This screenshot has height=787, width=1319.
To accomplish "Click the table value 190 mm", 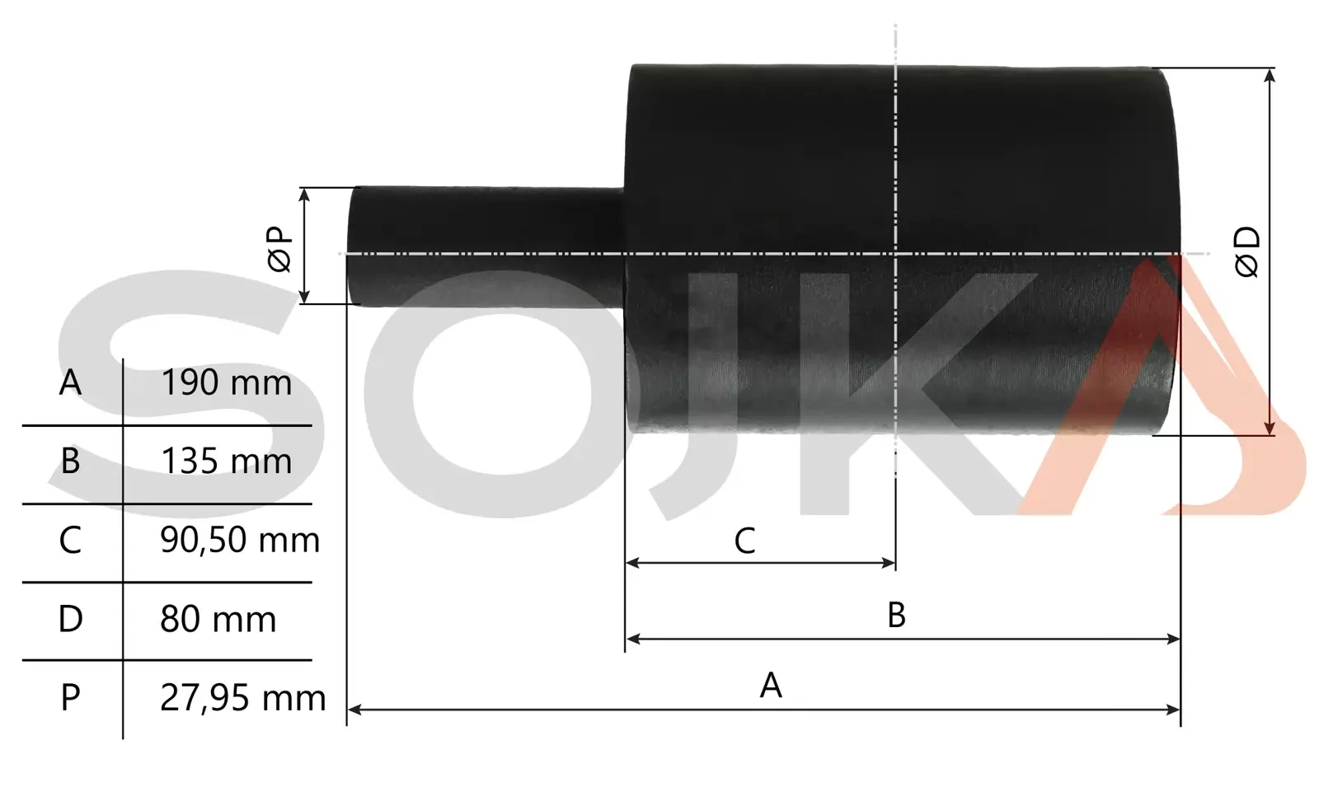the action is pyautogui.click(x=226, y=382).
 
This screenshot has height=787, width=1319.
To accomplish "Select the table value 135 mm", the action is pyautogui.click(x=226, y=461).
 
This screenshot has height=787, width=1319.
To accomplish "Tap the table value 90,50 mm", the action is pyautogui.click(x=240, y=541).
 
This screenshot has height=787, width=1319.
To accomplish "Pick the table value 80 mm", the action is pyautogui.click(x=218, y=619).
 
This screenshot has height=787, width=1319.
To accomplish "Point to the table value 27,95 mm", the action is pyautogui.click(x=242, y=698).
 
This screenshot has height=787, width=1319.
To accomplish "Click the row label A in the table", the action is pyautogui.click(x=70, y=382).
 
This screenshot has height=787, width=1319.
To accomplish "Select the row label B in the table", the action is pyautogui.click(x=70, y=461).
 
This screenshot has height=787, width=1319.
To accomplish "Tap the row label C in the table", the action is pyautogui.click(x=70, y=541).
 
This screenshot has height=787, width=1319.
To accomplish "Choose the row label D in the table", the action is pyautogui.click(x=71, y=619).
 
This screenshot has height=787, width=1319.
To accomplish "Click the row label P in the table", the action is pyautogui.click(x=70, y=698).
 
